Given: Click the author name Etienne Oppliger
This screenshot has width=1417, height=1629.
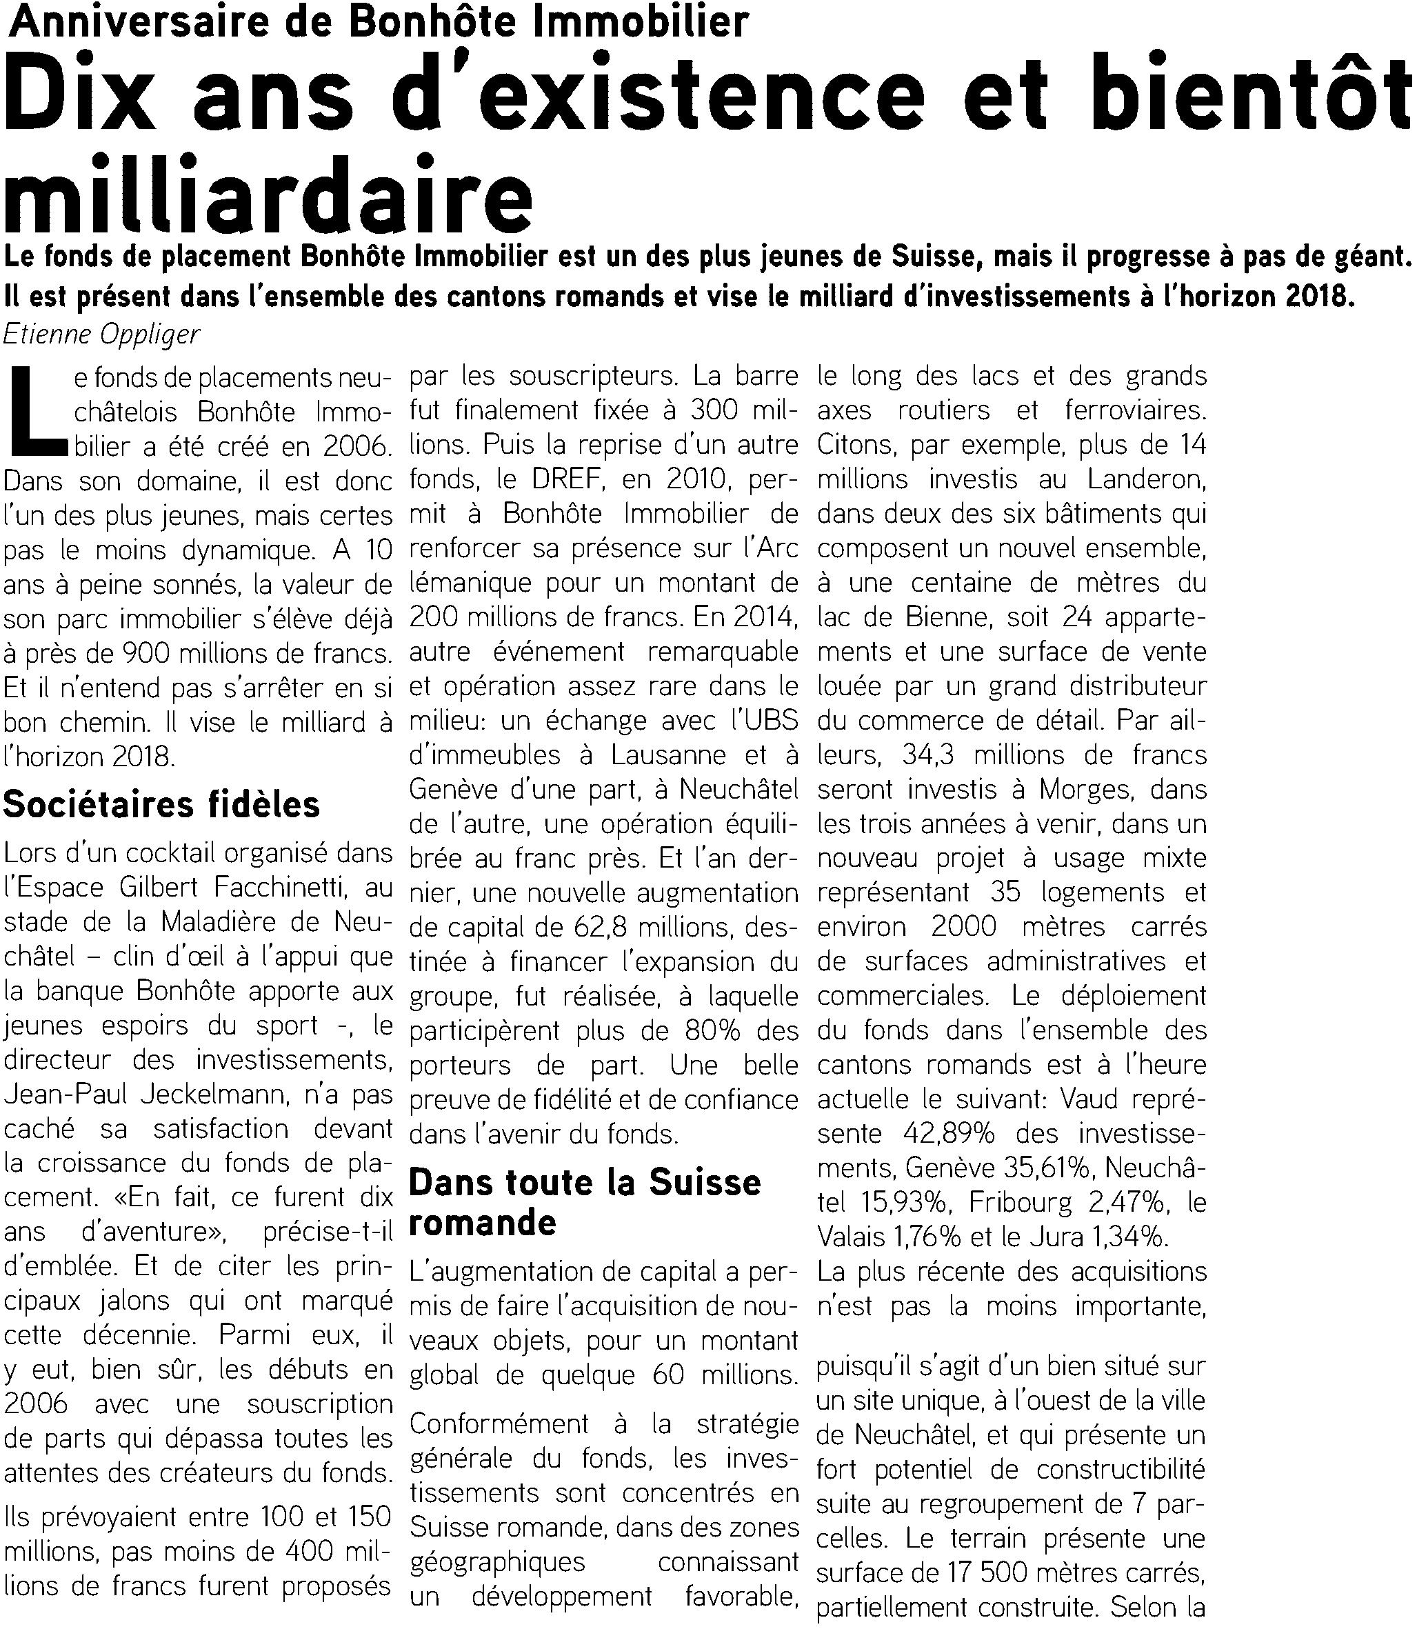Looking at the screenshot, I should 101,334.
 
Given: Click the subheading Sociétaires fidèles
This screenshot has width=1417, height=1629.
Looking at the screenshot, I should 162,804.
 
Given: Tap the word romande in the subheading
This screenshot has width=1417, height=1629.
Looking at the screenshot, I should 483,1223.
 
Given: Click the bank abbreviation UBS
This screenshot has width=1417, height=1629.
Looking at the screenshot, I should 770,721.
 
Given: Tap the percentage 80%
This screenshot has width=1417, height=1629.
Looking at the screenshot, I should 694,1031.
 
